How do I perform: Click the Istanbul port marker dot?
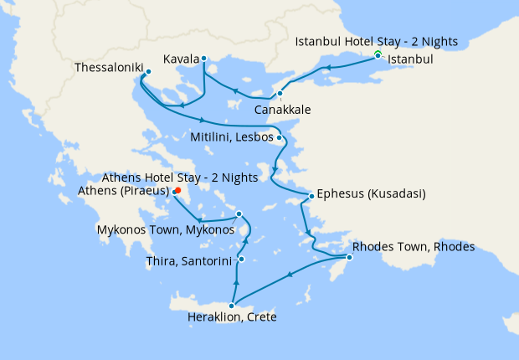378,55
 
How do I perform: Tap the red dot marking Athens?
178,190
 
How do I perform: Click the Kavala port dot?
204,59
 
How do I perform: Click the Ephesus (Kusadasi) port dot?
311,196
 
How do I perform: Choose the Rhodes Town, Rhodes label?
414,247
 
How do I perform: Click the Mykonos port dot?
239,213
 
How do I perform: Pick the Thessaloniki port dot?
148,72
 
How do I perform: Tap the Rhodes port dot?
350,256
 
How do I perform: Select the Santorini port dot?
241,260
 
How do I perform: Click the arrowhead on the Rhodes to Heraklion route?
290,275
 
